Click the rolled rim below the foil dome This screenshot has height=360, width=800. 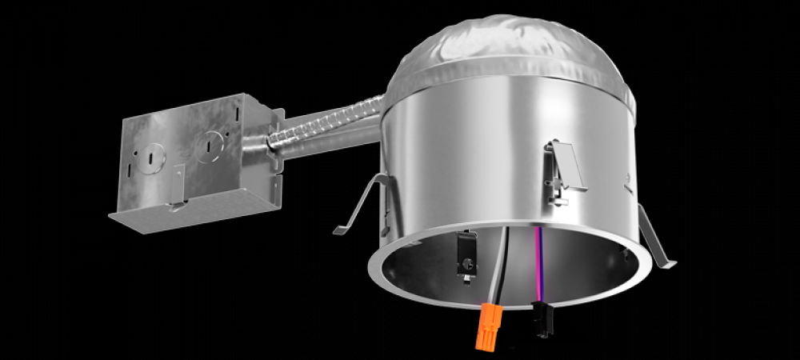tap(512, 80)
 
